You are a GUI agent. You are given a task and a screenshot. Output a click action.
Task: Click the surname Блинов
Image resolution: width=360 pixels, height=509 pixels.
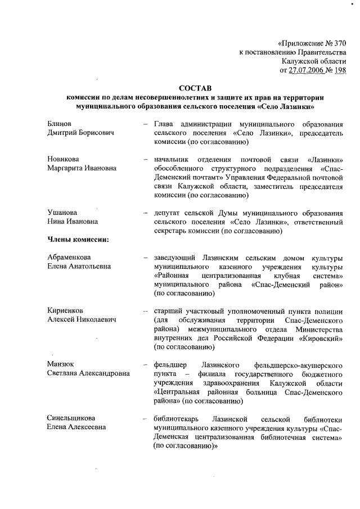pyautogui.click(x=60, y=123)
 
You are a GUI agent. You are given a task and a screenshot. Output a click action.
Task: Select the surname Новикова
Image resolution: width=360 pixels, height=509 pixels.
pyautogui.click(x=63, y=159)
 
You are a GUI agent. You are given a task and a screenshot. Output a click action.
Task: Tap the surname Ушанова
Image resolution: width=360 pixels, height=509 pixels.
pyautogui.click(x=62, y=213)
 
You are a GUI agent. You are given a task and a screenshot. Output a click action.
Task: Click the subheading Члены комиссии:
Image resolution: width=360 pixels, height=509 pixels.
pyautogui.click(x=78, y=240)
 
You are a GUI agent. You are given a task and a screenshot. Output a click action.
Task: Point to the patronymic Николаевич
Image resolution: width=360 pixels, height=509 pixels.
pyautogui.click(x=96, y=320)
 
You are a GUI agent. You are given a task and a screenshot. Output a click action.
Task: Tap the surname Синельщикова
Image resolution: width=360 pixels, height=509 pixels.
pyautogui.click(x=71, y=419)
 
